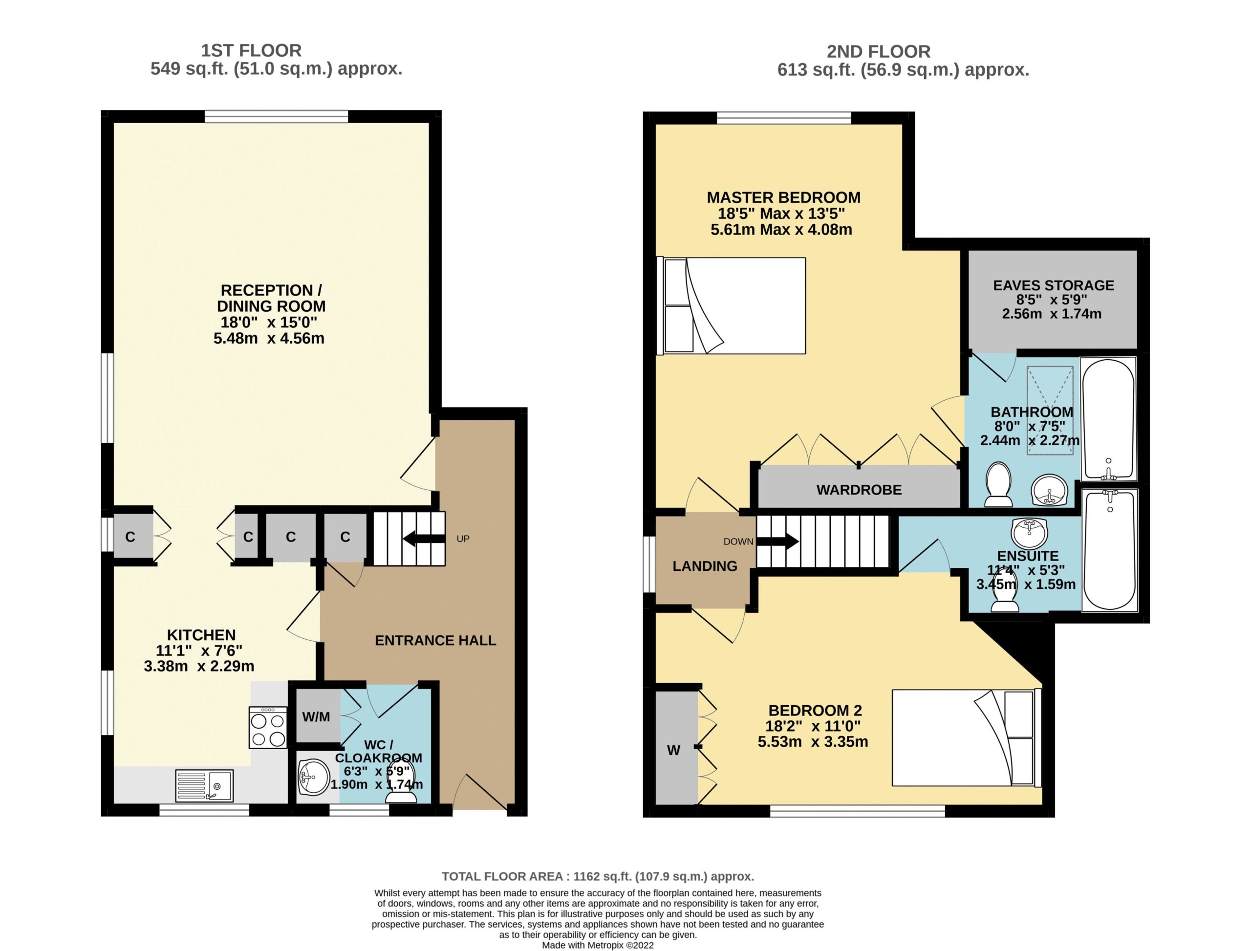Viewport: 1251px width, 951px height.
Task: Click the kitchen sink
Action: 204,785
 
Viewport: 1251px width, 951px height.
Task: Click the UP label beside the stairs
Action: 463,539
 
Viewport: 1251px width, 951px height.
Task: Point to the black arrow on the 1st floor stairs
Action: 424,539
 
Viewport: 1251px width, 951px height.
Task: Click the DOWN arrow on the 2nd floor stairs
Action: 778,541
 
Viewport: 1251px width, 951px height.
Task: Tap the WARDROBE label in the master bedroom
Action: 859,490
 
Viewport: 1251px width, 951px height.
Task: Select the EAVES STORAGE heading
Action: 1054,285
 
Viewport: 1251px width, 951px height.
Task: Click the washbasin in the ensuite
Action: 1030,533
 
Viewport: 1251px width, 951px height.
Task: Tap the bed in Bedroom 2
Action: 967,737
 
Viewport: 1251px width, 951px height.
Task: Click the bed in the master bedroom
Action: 731,306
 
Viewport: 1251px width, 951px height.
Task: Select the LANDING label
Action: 705,566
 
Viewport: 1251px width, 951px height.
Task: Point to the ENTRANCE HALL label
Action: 435,640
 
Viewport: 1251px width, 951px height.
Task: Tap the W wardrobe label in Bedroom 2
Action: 673,750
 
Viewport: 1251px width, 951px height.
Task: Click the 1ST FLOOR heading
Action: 251,50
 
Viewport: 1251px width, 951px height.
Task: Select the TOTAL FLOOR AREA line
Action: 598,876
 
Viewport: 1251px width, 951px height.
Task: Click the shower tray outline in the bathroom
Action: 1050,410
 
